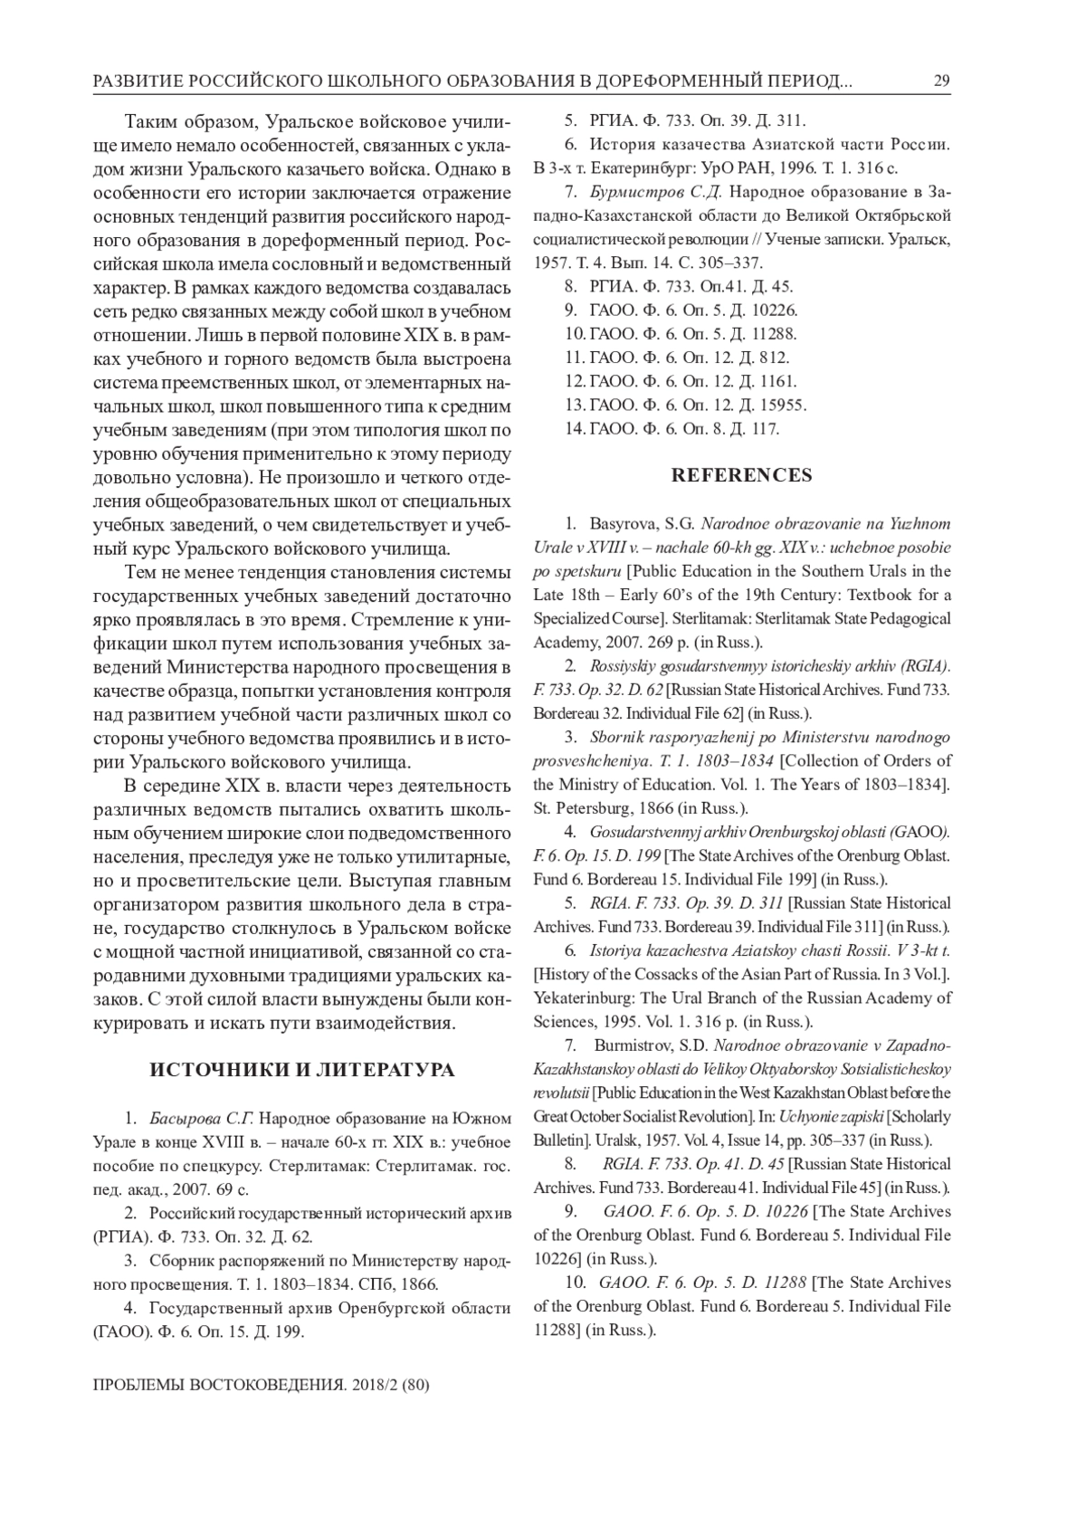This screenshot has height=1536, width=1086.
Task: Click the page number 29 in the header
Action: point(941,82)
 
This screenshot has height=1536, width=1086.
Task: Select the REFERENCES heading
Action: point(741,475)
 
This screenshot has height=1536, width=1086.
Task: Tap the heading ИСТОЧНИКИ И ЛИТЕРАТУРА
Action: point(302,1071)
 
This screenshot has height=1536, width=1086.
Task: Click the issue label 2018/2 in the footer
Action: point(370,1385)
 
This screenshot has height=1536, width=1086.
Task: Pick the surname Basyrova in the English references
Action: point(621,524)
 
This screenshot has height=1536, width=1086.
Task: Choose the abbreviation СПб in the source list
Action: point(374,1284)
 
